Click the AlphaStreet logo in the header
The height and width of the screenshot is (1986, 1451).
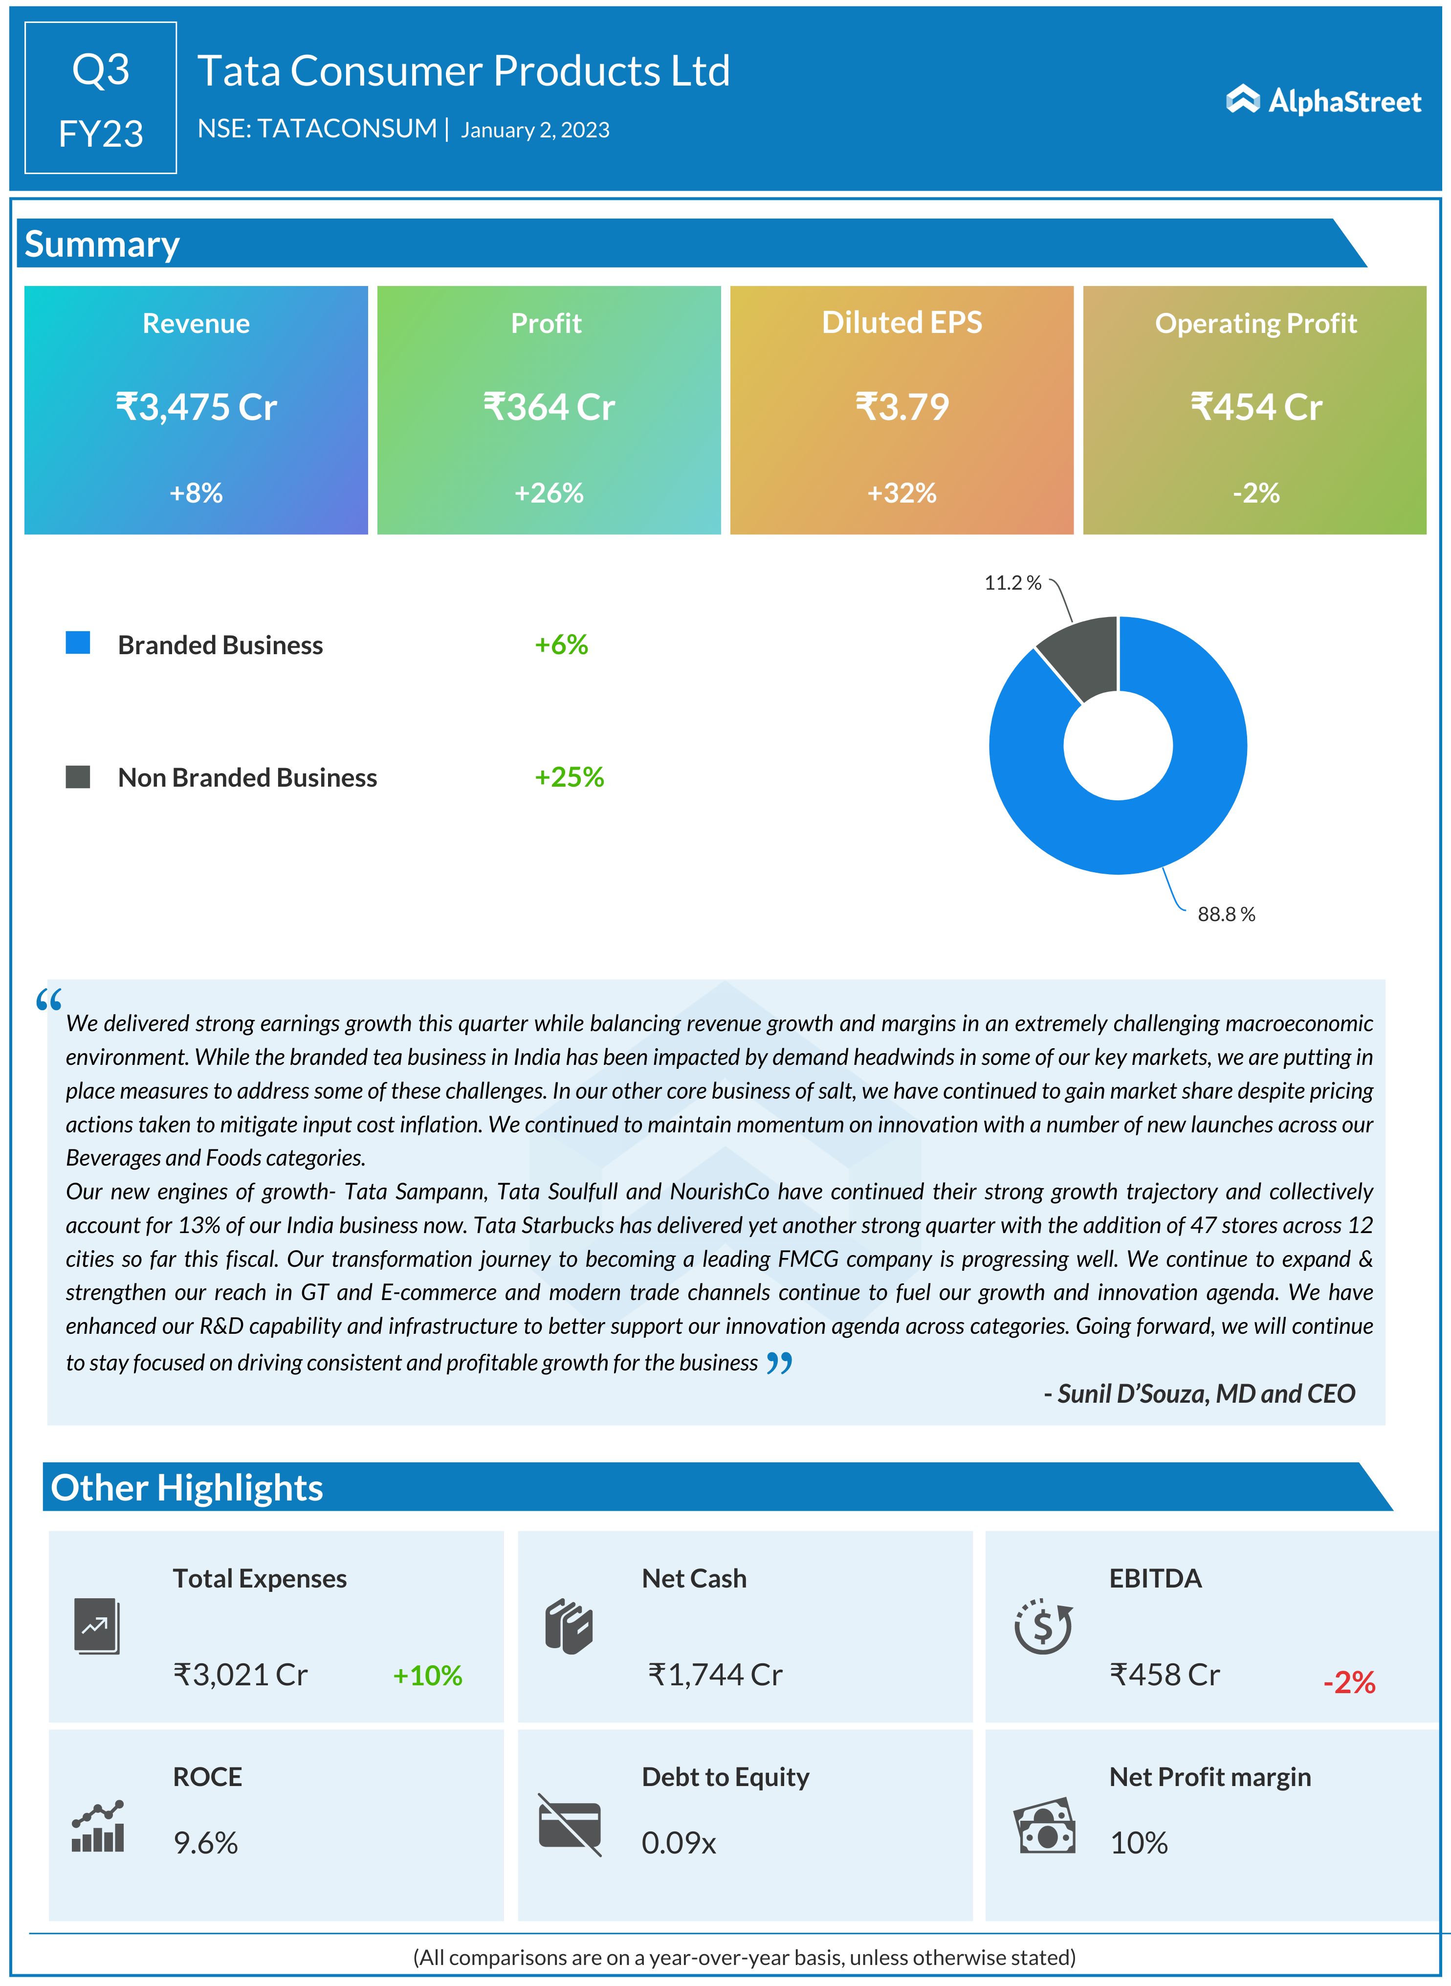[x=1323, y=101]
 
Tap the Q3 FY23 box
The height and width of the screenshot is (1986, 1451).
[x=101, y=98]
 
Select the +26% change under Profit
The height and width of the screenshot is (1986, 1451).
[x=549, y=493]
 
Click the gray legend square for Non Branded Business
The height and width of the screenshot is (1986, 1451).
[x=78, y=776]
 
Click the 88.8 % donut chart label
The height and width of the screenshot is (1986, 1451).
[x=1226, y=914]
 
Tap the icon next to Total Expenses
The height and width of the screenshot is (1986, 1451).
[x=97, y=1626]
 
